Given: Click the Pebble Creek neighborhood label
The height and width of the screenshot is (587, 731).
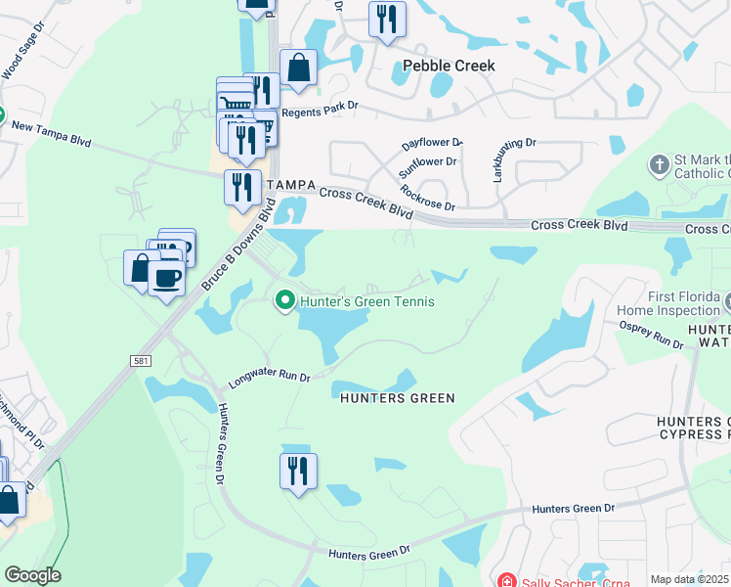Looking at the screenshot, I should pyautogui.click(x=449, y=66).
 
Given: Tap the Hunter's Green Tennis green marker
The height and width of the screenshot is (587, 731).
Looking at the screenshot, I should pyautogui.click(x=284, y=299).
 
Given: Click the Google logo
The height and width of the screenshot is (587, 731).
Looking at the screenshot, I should pyautogui.click(x=31, y=575).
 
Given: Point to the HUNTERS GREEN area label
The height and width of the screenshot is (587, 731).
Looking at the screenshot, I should pyautogui.click(x=397, y=398).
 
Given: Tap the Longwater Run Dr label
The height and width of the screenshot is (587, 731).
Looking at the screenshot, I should pyautogui.click(x=269, y=376).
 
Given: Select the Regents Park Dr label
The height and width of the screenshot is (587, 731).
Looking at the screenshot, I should pyautogui.click(x=320, y=113).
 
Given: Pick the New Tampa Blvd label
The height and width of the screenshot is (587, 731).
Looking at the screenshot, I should pyautogui.click(x=51, y=134).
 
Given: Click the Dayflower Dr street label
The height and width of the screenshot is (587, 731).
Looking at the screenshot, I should pyautogui.click(x=431, y=143).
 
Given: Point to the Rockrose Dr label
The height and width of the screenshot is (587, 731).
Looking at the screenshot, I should pyautogui.click(x=427, y=197).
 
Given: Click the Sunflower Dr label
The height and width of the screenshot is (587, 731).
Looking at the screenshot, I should pyautogui.click(x=427, y=167).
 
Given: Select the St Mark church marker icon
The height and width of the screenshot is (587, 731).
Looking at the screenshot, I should pyautogui.click(x=659, y=163).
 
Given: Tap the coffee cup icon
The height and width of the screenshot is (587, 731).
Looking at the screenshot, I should pyautogui.click(x=166, y=278).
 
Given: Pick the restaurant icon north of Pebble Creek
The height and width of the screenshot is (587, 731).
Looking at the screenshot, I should pyautogui.click(x=387, y=18).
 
